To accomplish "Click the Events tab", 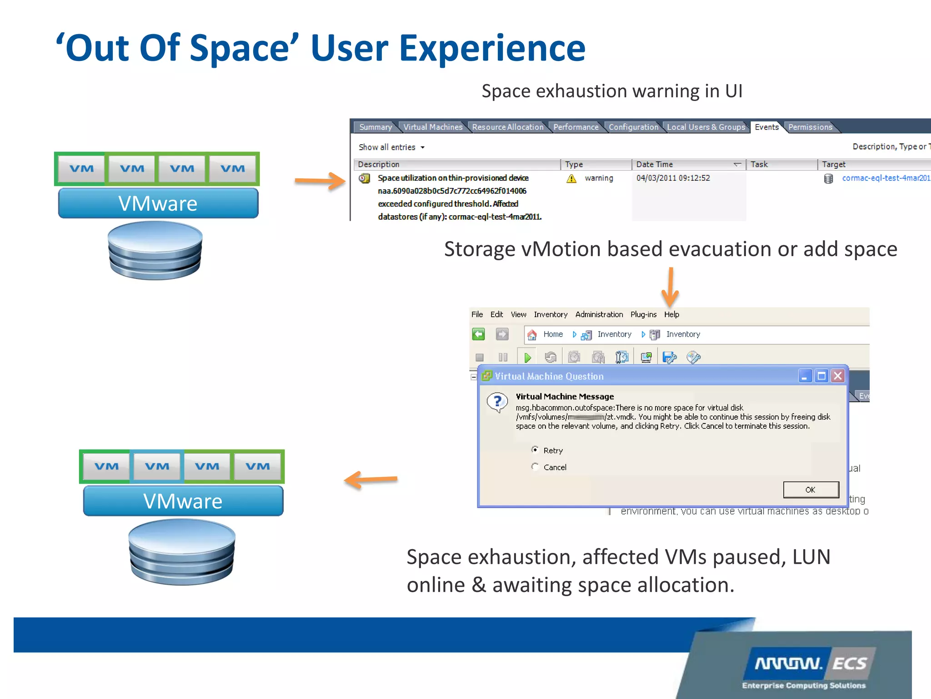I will tap(766, 127).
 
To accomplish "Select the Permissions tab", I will tap(810, 127).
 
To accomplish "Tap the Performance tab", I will tap(576, 127).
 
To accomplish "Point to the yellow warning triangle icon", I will tap(571, 178).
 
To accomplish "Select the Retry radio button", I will tap(535, 450).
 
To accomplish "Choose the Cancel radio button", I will tap(535, 467).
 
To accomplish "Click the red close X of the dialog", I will tap(838, 376).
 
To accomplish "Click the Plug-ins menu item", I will tap(643, 314).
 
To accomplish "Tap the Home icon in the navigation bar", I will tap(532, 334).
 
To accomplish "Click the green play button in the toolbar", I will tap(527, 358).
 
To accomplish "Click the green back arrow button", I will tap(478, 334).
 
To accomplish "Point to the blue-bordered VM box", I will tap(157, 466).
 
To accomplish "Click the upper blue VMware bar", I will tap(158, 203).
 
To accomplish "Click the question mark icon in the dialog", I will tap(498, 402).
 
